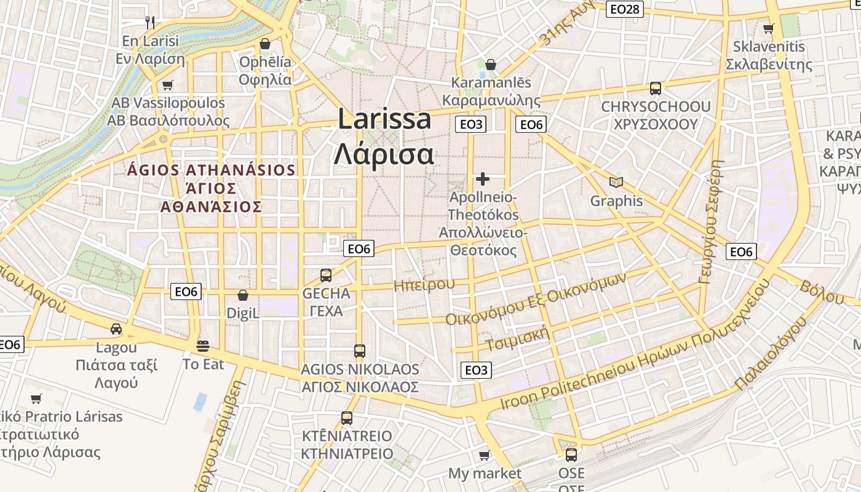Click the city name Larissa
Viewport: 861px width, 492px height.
pos(384,119)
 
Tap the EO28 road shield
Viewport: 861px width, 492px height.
pos(625,9)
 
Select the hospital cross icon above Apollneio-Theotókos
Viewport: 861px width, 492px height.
pos(483,179)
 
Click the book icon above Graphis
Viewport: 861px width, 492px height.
pos(616,182)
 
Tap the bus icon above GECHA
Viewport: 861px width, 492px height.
pos(326,275)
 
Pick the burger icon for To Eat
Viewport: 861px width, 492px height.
pos(203,346)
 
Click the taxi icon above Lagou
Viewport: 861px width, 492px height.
pos(116,329)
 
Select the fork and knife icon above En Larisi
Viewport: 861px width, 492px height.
pos(150,23)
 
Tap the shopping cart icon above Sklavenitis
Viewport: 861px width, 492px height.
pos(768,28)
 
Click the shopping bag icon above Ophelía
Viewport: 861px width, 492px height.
pos(265,44)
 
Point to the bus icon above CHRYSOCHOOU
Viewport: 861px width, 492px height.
pos(656,89)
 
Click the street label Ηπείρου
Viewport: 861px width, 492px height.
pos(424,284)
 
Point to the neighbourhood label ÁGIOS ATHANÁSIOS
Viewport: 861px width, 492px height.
pos(212,170)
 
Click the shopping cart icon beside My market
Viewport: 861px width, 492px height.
pos(484,455)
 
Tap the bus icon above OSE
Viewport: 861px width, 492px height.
pos(571,455)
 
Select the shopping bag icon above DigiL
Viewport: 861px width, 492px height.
pos(243,295)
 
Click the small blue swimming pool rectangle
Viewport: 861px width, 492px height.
pos(200,402)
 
